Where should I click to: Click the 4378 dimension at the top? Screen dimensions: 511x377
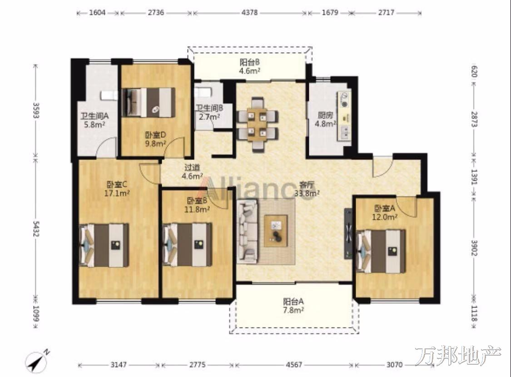click(x=250, y=13)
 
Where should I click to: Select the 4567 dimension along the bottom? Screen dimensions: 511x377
click(x=294, y=365)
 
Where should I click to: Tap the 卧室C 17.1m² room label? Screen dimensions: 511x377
click(x=117, y=189)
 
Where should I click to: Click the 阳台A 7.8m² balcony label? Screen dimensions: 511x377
click(x=293, y=306)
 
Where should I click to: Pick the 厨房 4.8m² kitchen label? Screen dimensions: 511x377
click(x=325, y=119)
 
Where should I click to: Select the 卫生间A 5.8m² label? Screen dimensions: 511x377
click(x=94, y=119)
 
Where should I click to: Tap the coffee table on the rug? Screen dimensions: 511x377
click(x=276, y=231)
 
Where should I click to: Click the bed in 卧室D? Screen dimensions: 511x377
click(x=148, y=102)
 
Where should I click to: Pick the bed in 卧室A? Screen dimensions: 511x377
click(x=381, y=251)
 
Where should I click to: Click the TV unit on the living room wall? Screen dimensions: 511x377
click(x=348, y=233)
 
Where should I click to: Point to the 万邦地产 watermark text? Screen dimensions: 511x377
click(x=458, y=356)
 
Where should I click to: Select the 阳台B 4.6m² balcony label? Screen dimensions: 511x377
click(x=250, y=66)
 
